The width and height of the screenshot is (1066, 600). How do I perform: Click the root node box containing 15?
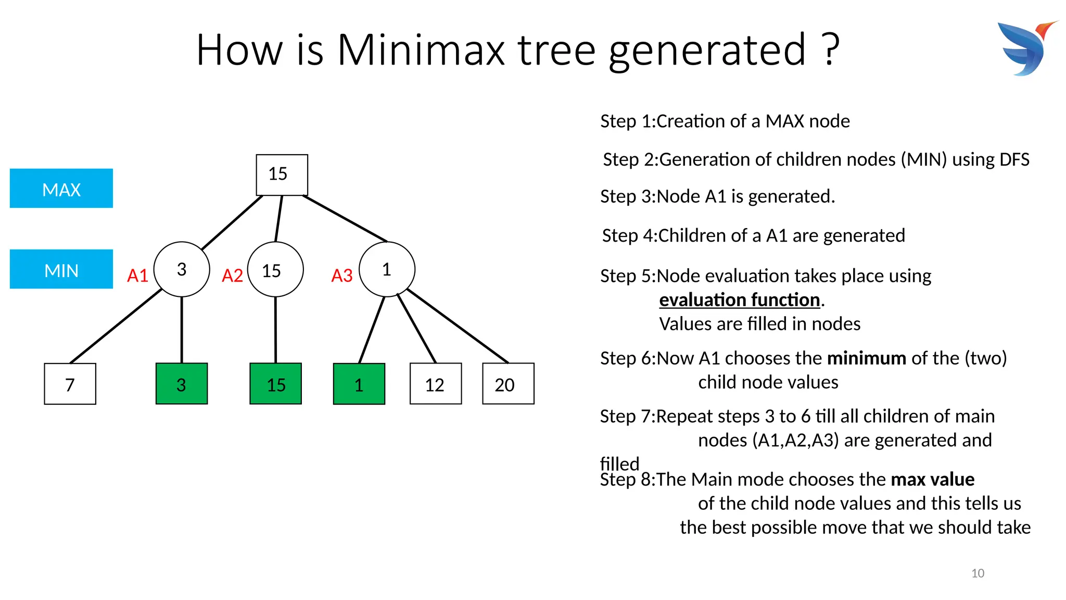(x=282, y=174)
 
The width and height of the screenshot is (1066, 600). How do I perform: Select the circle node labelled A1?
(x=182, y=269)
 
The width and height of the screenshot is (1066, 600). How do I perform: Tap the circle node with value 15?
(x=275, y=269)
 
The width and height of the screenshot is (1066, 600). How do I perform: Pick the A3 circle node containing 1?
(x=387, y=269)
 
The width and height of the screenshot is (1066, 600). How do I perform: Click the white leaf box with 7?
(x=70, y=384)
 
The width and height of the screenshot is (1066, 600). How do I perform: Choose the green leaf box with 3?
(x=182, y=384)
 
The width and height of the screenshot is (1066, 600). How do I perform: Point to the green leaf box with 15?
(x=275, y=384)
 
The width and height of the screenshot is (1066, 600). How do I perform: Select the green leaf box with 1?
(x=359, y=384)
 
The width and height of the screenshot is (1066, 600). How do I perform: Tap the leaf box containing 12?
(x=436, y=384)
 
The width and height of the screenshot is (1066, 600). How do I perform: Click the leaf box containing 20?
(x=508, y=384)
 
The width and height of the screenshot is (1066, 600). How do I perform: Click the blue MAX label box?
(x=61, y=189)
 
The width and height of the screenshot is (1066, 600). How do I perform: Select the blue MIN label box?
(x=61, y=269)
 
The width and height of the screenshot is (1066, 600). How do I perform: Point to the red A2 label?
(x=232, y=276)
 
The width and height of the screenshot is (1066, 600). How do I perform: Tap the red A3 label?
(x=342, y=276)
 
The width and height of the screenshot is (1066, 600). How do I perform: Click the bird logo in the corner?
(x=1026, y=48)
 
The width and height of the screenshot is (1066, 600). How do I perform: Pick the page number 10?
(x=978, y=573)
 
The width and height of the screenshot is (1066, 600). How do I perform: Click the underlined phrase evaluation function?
(x=739, y=300)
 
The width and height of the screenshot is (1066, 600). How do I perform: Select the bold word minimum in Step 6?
(x=867, y=358)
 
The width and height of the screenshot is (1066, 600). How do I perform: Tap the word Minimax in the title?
(x=421, y=50)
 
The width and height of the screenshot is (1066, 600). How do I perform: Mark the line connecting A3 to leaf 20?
(x=457, y=326)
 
